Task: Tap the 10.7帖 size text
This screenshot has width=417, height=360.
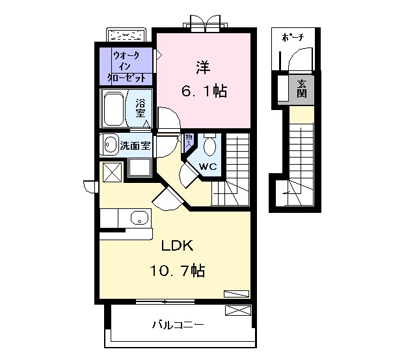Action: click(x=178, y=270)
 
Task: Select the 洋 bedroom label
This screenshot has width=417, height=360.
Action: click(x=203, y=67)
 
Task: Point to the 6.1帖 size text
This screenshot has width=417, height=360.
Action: click(x=204, y=92)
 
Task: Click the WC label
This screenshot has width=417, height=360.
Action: click(x=208, y=167)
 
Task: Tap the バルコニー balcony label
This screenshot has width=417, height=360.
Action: click(x=178, y=324)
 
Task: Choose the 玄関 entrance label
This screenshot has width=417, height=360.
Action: click(x=302, y=89)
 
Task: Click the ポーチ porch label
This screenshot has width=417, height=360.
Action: click(x=293, y=38)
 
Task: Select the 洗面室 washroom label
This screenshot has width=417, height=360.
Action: click(x=135, y=145)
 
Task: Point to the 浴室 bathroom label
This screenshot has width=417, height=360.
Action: click(x=141, y=108)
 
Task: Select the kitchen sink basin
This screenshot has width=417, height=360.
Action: click(x=139, y=218)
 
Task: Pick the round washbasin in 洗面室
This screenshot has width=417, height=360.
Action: click(x=109, y=145)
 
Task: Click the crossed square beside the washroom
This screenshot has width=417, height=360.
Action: click(x=111, y=173)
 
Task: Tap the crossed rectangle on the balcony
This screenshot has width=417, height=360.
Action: click(x=237, y=311)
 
